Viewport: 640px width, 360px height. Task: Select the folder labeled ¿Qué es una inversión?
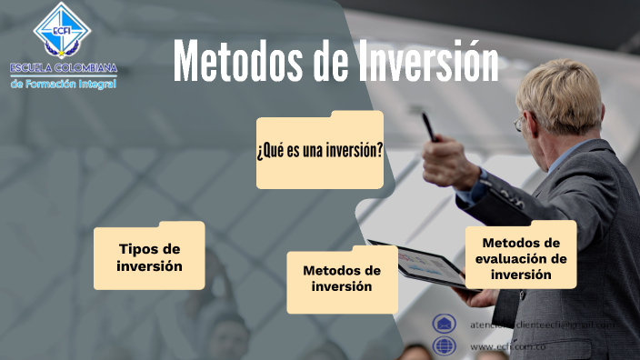[x=319, y=151]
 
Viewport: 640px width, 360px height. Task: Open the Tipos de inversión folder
[x=149, y=257]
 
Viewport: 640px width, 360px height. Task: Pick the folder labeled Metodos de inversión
[x=342, y=279]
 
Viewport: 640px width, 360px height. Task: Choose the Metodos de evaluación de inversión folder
[x=521, y=257]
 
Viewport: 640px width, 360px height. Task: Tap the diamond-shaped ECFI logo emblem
[x=62, y=30]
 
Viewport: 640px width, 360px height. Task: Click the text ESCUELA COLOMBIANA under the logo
[x=63, y=68]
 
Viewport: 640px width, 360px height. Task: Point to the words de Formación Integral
[x=63, y=84]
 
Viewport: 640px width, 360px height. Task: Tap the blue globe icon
[x=445, y=345]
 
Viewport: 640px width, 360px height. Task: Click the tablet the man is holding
[x=417, y=265]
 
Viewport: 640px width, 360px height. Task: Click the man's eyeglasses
[x=520, y=122]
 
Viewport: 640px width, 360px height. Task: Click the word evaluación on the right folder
[x=520, y=258]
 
